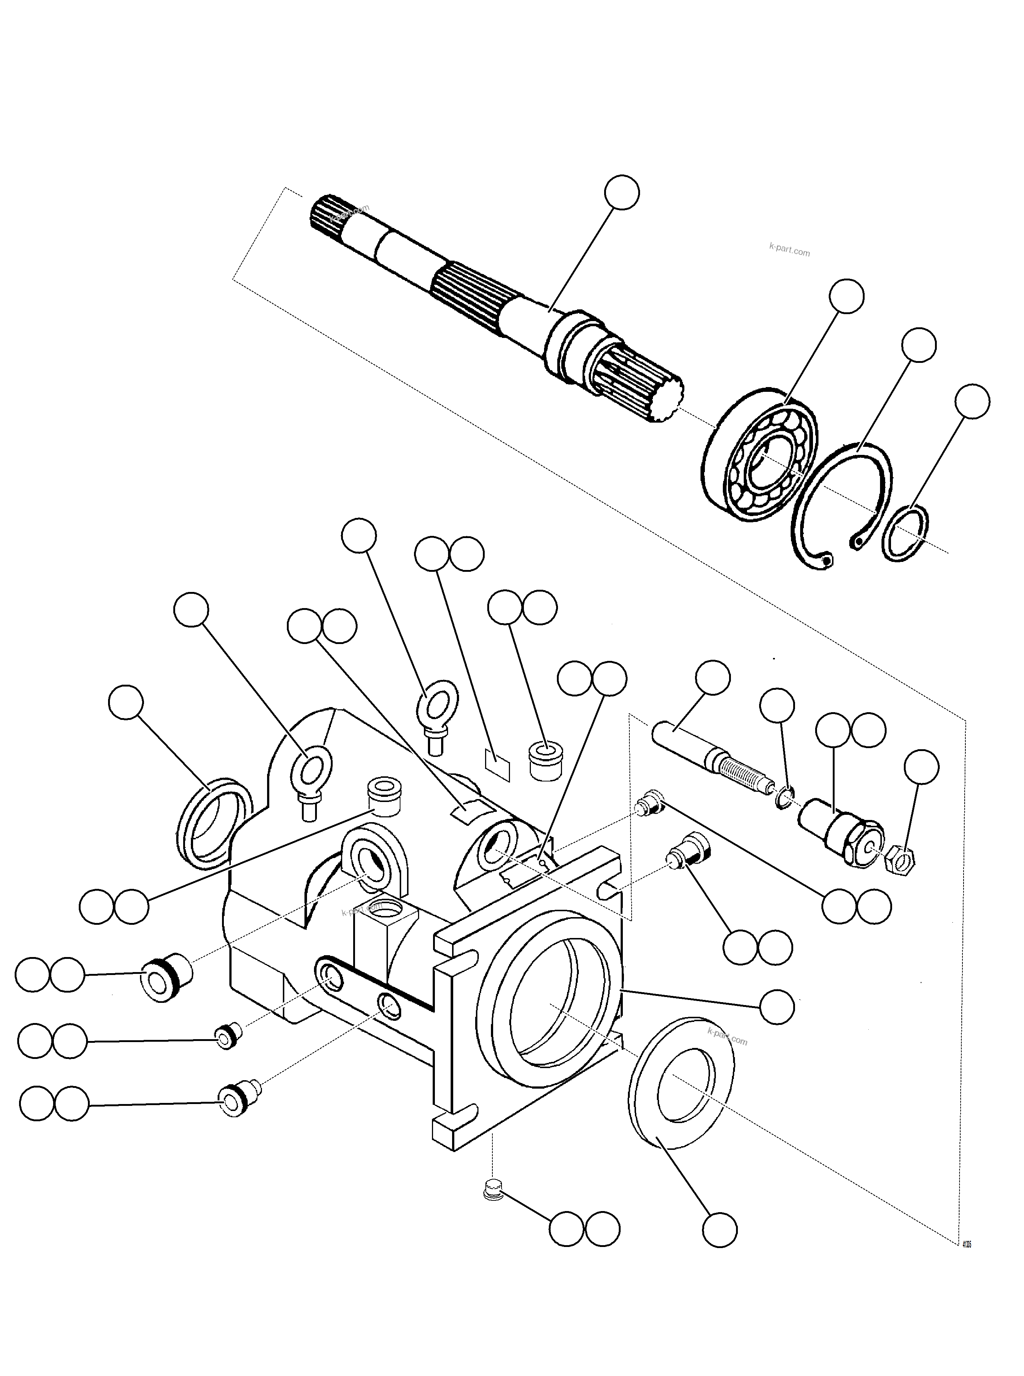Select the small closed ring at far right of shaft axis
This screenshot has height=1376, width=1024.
(x=905, y=533)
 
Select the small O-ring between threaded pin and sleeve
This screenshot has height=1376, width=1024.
(x=784, y=799)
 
